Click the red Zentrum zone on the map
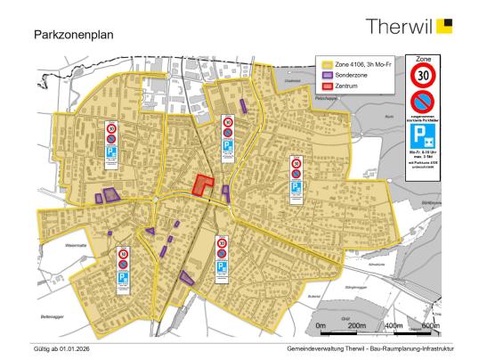click(204, 185)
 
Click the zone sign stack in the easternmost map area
click(296, 178)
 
